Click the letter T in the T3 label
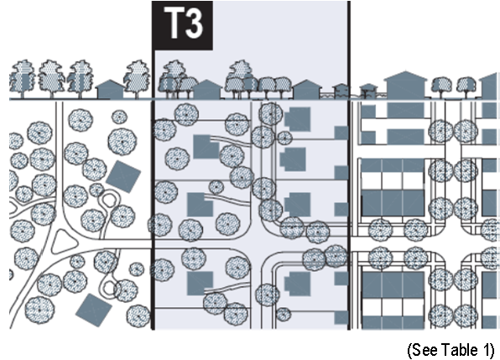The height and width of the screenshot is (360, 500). click(x=174, y=23)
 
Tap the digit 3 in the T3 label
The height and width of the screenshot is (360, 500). click(x=195, y=23)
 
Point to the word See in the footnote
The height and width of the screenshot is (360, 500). click(x=424, y=349)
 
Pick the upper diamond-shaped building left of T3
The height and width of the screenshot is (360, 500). click(x=123, y=176)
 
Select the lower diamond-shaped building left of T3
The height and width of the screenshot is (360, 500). click(x=94, y=310)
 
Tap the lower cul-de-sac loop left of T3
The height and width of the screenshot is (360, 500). click(x=110, y=288)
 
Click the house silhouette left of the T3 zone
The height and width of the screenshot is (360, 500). click(x=110, y=89)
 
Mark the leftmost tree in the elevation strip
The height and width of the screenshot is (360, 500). click(x=23, y=79)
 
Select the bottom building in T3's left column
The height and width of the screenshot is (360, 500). click(x=200, y=283)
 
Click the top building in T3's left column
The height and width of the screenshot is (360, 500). click(x=206, y=147)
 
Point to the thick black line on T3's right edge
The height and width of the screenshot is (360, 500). click(x=349, y=165)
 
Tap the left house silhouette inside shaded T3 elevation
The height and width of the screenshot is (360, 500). click(x=207, y=89)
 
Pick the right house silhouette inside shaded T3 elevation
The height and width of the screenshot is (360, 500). click(x=307, y=89)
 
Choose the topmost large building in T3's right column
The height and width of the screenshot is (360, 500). click(x=298, y=119)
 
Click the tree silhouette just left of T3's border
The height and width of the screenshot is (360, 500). click(x=138, y=79)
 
